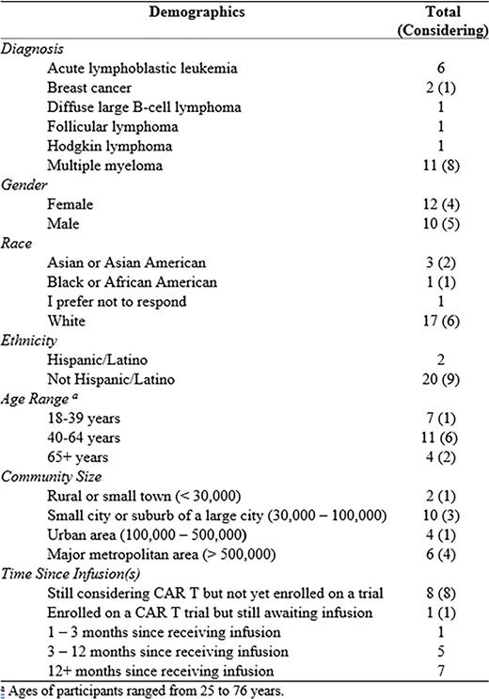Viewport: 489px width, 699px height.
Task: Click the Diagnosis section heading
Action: pos(35,49)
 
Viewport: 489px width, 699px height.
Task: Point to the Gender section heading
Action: pos(28,185)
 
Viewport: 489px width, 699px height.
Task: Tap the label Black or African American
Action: pos(126,282)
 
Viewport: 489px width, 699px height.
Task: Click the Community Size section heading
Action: pos(51,477)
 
